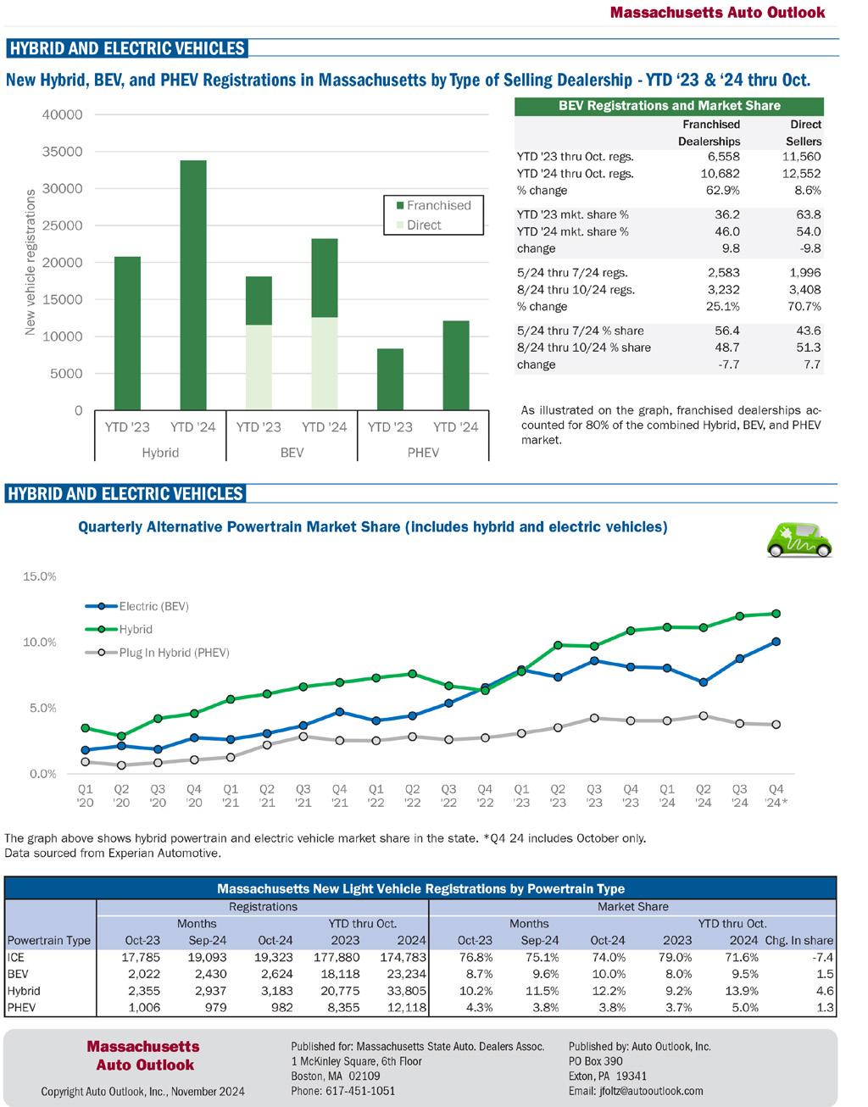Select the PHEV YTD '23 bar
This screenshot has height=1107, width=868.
[x=390, y=379]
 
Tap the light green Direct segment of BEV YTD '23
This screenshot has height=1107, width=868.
[x=259, y=367]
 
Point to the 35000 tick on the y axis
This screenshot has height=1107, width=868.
[x=64, y=152]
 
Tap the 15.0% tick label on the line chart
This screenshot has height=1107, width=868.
[x=39, y=576]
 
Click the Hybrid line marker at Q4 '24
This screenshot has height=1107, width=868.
[x=776, y=613]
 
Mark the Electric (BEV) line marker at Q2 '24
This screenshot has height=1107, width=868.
[x=704, y=681]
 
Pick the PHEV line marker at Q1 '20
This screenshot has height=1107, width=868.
[x=86, y=762]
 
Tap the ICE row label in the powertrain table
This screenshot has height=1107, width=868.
[x=15, y=957]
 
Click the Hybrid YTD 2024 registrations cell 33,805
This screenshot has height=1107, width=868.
[x=406, y=991]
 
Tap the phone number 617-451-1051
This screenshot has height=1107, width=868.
[x=342, y=1091]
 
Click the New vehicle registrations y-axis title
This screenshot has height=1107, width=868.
[x=31, y=262]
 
